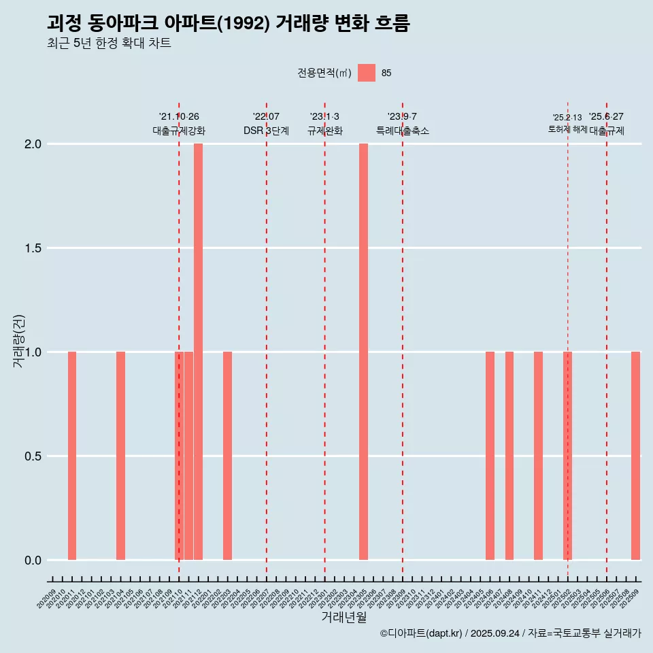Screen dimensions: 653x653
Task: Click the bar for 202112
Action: [x=198, y=352]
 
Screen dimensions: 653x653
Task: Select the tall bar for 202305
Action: [x=363, y=352]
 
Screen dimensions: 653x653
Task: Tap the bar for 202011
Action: [x=72, y=456]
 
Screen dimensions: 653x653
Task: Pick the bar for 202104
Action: [x=120, y=456]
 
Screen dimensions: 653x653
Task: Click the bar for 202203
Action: [x=227, y=456]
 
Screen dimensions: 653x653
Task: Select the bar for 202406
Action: [x=490, y=456]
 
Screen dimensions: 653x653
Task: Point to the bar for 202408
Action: [x=509, y=456]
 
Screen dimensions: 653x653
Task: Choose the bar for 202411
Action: [x=538, y=456]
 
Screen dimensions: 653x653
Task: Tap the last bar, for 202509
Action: [x=635, y=456]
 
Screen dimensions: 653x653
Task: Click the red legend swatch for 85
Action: [x=367, y=73]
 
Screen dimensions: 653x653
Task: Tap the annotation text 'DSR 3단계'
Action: [x=266, y=131]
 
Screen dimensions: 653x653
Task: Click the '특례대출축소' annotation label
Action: [x=403, y=131]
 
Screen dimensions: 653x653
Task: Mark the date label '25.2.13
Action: [x=567, y=118]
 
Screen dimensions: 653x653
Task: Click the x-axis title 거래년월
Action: [x=344, y=617]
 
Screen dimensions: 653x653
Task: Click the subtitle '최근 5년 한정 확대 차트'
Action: [x=109, y=44]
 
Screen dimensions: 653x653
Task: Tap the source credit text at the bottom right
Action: [x=510, y=633]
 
